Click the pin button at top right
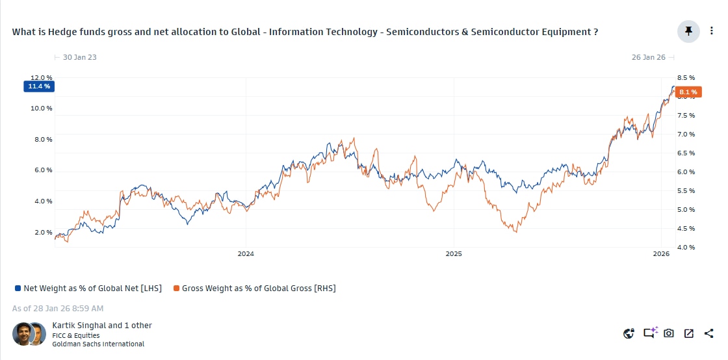[688, 31]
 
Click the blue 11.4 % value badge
[39, 86]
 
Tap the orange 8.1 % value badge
[688, 92]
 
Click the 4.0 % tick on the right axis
[686, 247]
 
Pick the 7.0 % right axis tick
[686, 134]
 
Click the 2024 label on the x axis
[246, 254]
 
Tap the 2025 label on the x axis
[453, 254]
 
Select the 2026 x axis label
[661, 254]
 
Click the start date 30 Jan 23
[79, 57]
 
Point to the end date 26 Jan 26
[648, 57]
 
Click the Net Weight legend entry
[88, 288]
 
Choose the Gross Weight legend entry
[254, 288]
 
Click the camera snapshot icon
[669, 333]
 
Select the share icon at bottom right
[708, 333]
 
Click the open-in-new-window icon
[689, 333]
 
